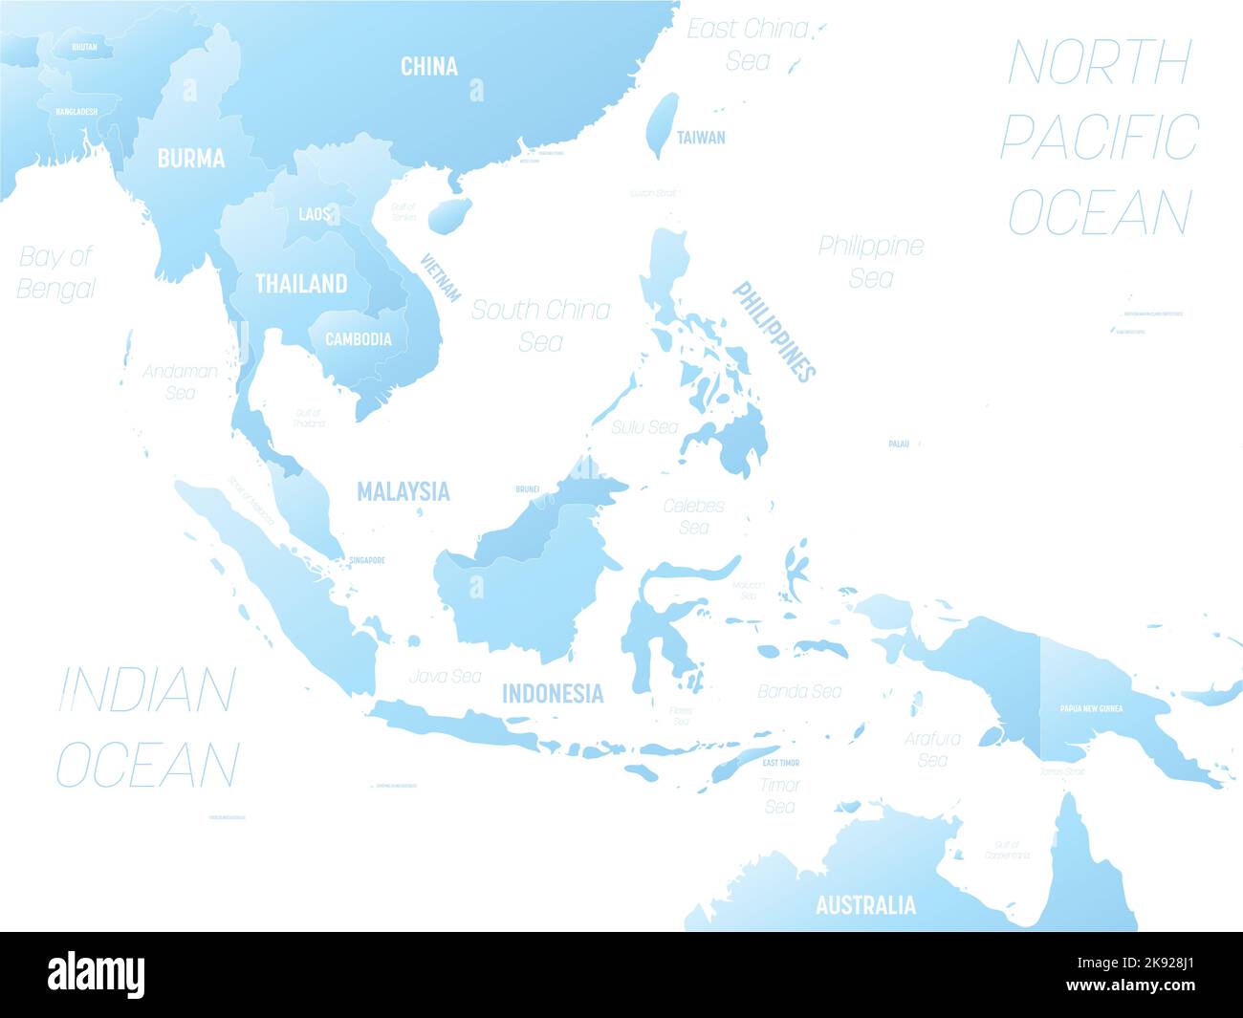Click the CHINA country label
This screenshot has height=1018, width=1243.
tap(428, 66)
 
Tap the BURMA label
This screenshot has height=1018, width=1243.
tap(191, 158)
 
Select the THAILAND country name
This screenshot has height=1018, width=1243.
tap(301, 283)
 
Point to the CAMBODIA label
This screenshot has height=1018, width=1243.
tap(358, 338)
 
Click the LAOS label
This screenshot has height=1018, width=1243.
tap(314, 214)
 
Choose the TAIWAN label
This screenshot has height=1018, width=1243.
tap(701, 137)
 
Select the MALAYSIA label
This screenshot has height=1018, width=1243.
tap(403, 491)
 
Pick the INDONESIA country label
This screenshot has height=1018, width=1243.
tap(553, 693)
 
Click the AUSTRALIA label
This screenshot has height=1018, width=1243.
tap(865, 904)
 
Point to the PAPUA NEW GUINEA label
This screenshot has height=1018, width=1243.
tap(1091, 709)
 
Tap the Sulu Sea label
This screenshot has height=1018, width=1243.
tap(645, 427)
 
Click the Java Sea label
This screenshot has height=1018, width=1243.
tap(445, 676)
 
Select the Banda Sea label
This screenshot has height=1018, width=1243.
tap(799, 690)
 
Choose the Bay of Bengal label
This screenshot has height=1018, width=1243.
tap(56, 272)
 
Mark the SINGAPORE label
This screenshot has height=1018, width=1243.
tap(367, 560)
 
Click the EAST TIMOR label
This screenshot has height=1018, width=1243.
tap(781, 763)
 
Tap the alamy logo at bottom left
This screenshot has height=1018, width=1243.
tap(97, 975)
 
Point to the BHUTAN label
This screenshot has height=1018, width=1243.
tap(84, 46)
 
